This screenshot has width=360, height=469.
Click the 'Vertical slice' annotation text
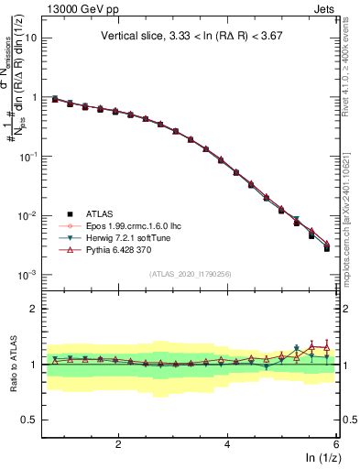coord(192,37)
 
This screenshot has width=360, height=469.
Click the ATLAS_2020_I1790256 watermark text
coord(191,274)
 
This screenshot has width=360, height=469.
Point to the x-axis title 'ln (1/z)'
coord(318,457)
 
